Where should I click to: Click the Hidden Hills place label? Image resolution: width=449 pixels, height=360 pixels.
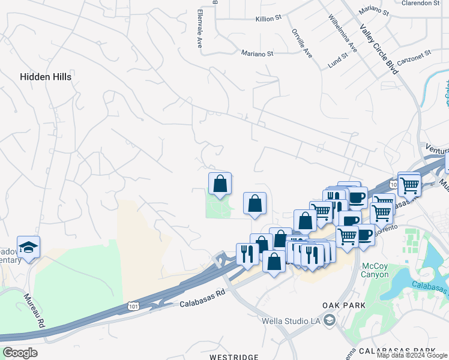(x=46, y=77)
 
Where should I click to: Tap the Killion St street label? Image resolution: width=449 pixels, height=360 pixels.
(x=269, y=19)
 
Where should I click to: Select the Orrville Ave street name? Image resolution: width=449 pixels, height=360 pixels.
(x=302, y=43)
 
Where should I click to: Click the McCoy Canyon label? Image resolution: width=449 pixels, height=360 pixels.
(x=375, y=270)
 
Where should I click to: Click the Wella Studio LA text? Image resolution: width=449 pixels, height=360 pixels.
(x=292, y=320)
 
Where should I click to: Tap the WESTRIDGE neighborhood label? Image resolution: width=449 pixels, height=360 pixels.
(x=234, y=357)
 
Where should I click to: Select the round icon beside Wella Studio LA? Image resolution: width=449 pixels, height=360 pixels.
(x=329, y=321)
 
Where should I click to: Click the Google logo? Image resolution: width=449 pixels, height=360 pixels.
(x=20, y=353)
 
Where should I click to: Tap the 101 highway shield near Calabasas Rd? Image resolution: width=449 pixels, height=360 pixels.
(x=133, y=306)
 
